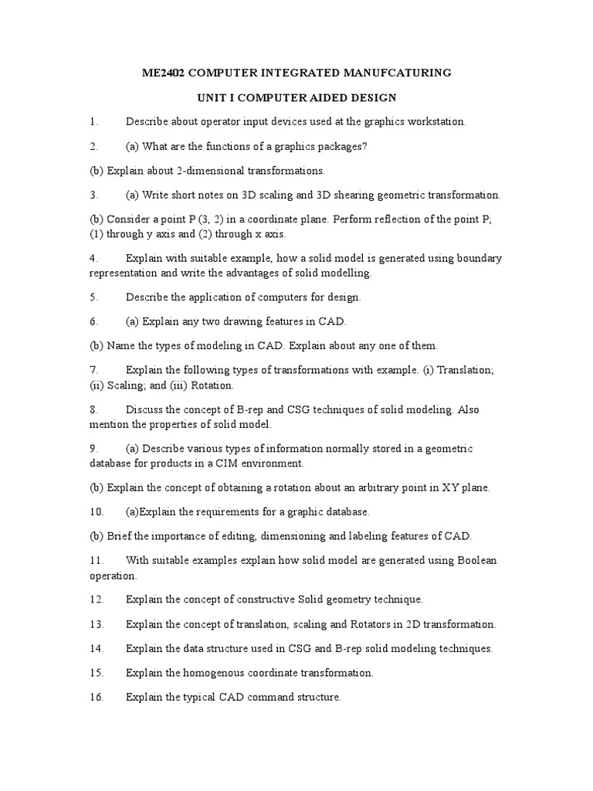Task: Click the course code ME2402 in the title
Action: pos(164,73)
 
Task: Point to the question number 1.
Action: pos(93,121)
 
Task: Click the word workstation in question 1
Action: pos(435,121)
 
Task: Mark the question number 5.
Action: pos(93,297)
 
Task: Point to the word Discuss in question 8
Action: pos(144,409)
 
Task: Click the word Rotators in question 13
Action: pos(355,624)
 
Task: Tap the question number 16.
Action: pos(96,697)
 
